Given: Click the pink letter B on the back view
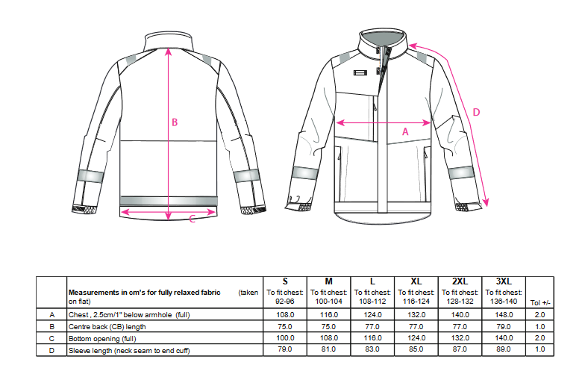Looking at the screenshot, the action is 175,122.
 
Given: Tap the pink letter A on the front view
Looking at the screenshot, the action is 405,132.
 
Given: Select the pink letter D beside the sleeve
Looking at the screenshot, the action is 476,112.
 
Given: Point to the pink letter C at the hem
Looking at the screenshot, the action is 192,219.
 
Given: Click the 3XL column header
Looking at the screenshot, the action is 504,281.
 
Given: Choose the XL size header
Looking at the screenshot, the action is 416,281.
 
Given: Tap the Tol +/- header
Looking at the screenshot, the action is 540,302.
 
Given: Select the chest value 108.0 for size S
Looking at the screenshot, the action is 285,315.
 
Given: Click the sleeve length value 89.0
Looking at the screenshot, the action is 504,349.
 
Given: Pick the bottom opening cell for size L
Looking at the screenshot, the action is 372,338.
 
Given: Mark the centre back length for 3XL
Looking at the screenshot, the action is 504,327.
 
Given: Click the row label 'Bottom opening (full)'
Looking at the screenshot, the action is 102,339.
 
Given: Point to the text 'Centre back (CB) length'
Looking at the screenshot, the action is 107,327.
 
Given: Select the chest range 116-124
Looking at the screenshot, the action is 416,302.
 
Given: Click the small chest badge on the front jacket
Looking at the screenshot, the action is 360,73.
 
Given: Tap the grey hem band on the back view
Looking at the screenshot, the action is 169,201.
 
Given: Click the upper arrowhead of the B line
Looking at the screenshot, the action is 169,52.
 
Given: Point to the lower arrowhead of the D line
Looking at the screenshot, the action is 486,203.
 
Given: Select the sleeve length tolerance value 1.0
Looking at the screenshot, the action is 540,349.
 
